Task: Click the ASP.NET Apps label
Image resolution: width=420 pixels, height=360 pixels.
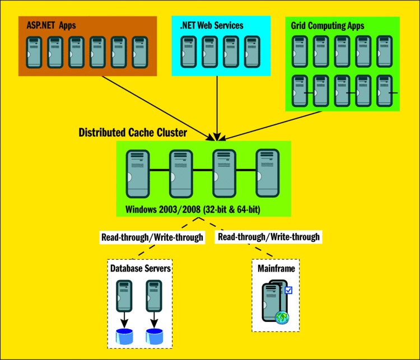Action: click(x=51, y=26)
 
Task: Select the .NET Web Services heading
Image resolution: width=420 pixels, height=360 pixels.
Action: click(x=211, y=26)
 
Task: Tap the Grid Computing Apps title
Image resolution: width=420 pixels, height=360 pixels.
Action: click(x=327, y=26)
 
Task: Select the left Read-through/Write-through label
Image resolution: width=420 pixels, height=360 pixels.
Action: click(x=152, y=237)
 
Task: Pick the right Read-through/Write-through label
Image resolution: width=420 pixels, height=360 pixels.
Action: click(x=269, y=237)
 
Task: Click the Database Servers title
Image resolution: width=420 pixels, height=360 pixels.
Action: click(x=140, y=269)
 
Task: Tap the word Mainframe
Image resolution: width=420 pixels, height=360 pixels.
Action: click(x=276, y=269)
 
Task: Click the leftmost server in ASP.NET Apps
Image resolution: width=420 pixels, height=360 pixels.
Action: click(x=34, y=52)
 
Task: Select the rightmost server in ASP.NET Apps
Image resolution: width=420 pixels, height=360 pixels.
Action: click(x=139, y=52)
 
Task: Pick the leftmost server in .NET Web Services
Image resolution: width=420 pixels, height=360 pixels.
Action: click(x=189, y=52)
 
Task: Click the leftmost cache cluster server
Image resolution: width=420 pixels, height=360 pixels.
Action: click(x=137, y=173)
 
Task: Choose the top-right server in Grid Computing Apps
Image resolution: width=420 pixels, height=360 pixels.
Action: click(x=385, y=52)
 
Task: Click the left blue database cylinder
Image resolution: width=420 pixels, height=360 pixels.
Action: click(x=124, y=336)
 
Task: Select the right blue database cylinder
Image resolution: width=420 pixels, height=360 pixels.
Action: click(x=155, y=336)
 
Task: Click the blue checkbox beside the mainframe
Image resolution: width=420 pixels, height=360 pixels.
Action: click(x=289, y=290)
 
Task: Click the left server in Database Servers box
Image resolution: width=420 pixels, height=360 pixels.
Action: click(x=124, y=297)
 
